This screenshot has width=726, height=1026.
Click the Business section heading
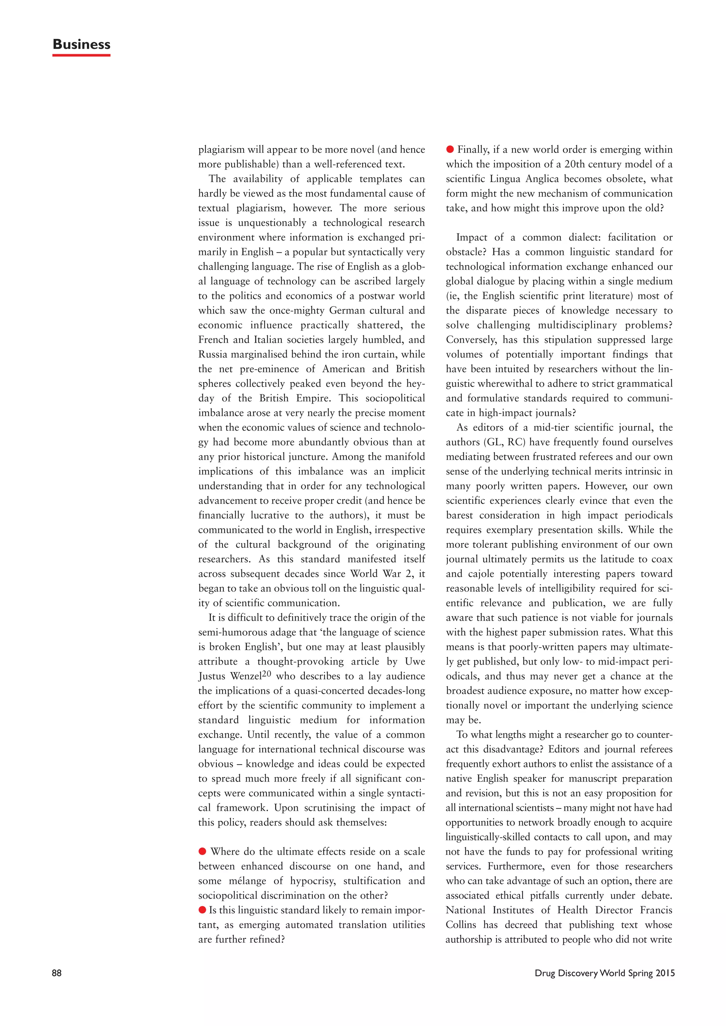[82, 44]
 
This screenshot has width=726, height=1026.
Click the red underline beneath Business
[82, 55]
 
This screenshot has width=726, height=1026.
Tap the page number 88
[57, 973]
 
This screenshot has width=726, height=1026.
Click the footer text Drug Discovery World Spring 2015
[604, 973]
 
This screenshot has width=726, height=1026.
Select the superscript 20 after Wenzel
[267, 673]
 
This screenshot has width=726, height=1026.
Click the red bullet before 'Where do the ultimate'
[202, 851]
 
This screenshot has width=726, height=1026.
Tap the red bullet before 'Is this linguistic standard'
[202, 909]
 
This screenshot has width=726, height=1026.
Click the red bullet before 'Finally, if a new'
[450, 149]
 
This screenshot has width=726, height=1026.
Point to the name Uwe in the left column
[415, 661]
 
